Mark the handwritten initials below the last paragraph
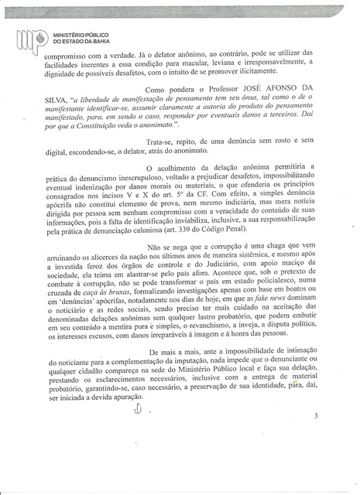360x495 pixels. [139, 433]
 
